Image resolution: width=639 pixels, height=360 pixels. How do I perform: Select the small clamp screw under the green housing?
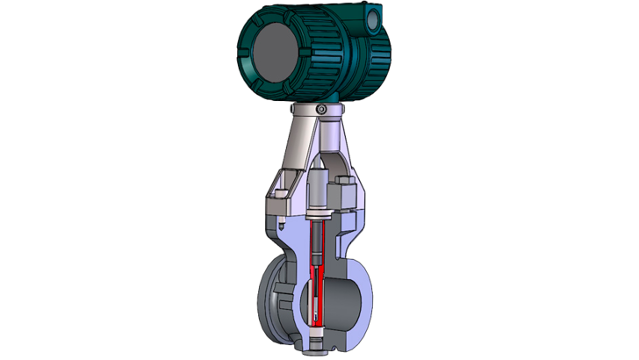click(321, 108)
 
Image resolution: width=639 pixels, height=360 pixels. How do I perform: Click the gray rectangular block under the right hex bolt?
click(345, 208)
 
